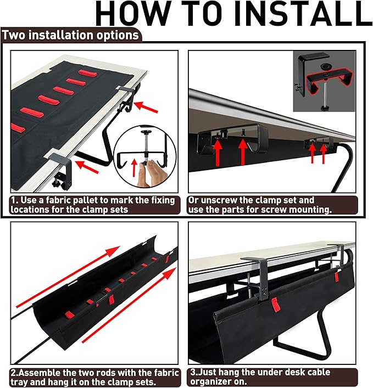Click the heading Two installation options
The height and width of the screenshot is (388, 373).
[x=70, y=35]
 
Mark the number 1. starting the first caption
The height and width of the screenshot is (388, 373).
[x=15, y=200]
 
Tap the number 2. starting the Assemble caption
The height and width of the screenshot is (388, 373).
[x=13, y=373]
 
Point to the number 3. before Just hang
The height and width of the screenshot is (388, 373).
[x=194, y=372]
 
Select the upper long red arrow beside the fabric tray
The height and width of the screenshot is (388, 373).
[x=66, y=277]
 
